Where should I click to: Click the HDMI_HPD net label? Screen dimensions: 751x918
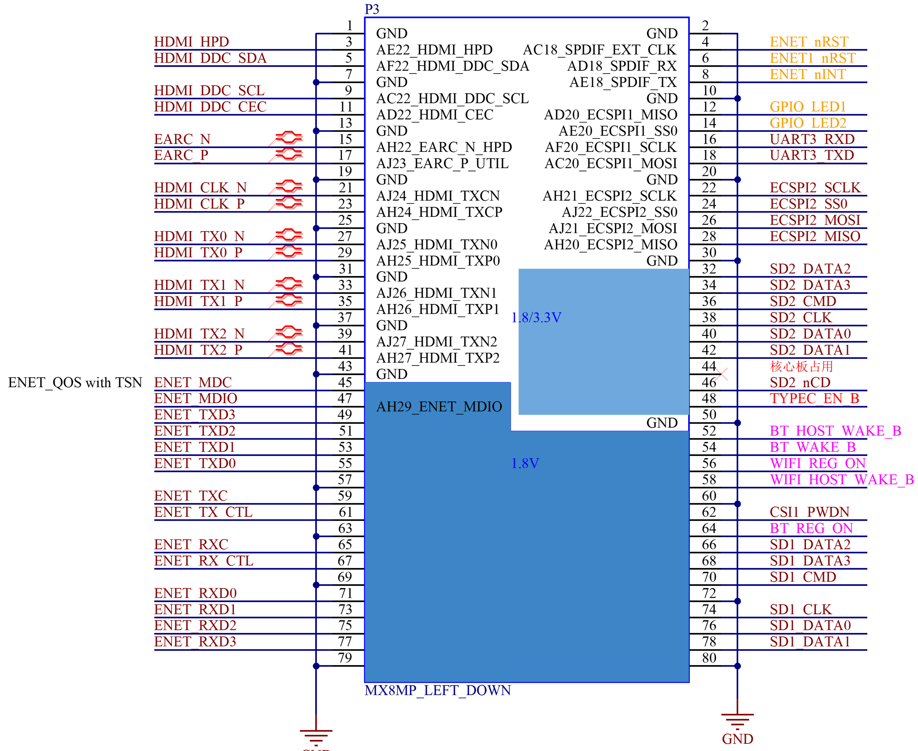point(191,42)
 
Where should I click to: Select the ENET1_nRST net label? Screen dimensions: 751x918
point(812,58)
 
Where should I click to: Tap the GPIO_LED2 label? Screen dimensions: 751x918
point(807,123)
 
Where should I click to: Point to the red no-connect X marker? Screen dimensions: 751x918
point(721,374)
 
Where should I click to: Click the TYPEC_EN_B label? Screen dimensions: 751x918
point(814,399)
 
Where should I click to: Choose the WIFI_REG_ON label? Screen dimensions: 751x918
point(818,463)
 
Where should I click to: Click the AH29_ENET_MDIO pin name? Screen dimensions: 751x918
point(439,407)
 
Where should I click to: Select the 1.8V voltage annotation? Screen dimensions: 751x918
point(525,463)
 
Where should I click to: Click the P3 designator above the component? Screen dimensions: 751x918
point(371,9)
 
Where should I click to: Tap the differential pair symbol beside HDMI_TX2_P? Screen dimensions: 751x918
point(286,349)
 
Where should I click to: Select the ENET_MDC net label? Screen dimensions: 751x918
point(193,383)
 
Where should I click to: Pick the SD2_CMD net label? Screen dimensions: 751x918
point(803,301)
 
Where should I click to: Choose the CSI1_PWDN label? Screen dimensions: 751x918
point(809,512)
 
